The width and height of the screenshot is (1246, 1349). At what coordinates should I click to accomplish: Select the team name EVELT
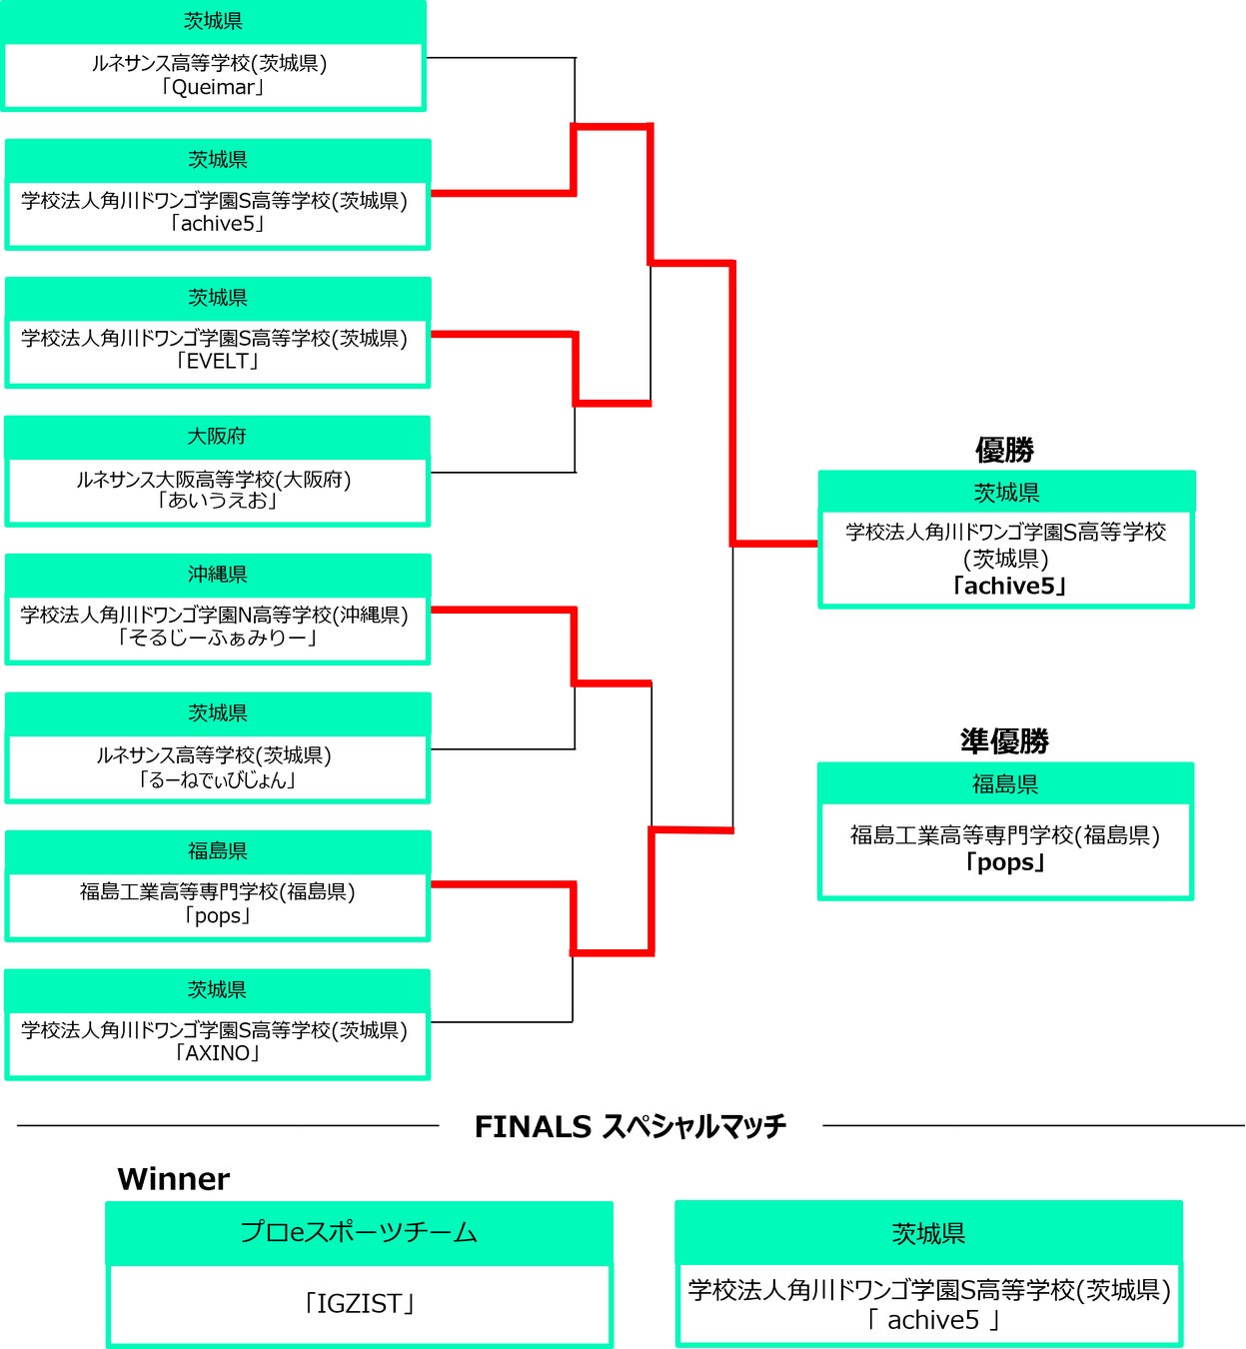217,361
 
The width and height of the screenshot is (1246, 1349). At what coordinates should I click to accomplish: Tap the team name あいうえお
217,500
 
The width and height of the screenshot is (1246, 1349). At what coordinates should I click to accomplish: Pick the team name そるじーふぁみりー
217,638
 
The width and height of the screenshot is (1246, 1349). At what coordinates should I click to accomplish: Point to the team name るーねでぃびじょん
217,779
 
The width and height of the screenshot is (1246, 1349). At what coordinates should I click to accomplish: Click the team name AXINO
217,1053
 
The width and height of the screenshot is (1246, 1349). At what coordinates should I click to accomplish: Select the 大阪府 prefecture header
217,436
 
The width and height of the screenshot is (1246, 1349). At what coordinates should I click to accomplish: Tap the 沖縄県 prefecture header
217,575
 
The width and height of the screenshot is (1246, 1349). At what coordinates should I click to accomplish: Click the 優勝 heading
1004,450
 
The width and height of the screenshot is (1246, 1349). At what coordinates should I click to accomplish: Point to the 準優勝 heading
1004,741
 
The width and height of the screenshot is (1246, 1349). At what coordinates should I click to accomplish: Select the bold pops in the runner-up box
1005,862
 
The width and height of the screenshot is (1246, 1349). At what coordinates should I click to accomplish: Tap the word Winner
173,1179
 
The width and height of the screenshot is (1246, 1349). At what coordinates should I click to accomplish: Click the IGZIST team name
359,1304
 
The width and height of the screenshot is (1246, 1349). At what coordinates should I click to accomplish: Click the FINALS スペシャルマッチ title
629,1126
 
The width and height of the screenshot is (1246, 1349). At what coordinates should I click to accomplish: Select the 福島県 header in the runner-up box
1005,784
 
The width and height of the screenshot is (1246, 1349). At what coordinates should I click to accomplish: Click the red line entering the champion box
776,544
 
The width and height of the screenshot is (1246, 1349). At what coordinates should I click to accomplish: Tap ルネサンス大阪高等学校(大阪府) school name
214,479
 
